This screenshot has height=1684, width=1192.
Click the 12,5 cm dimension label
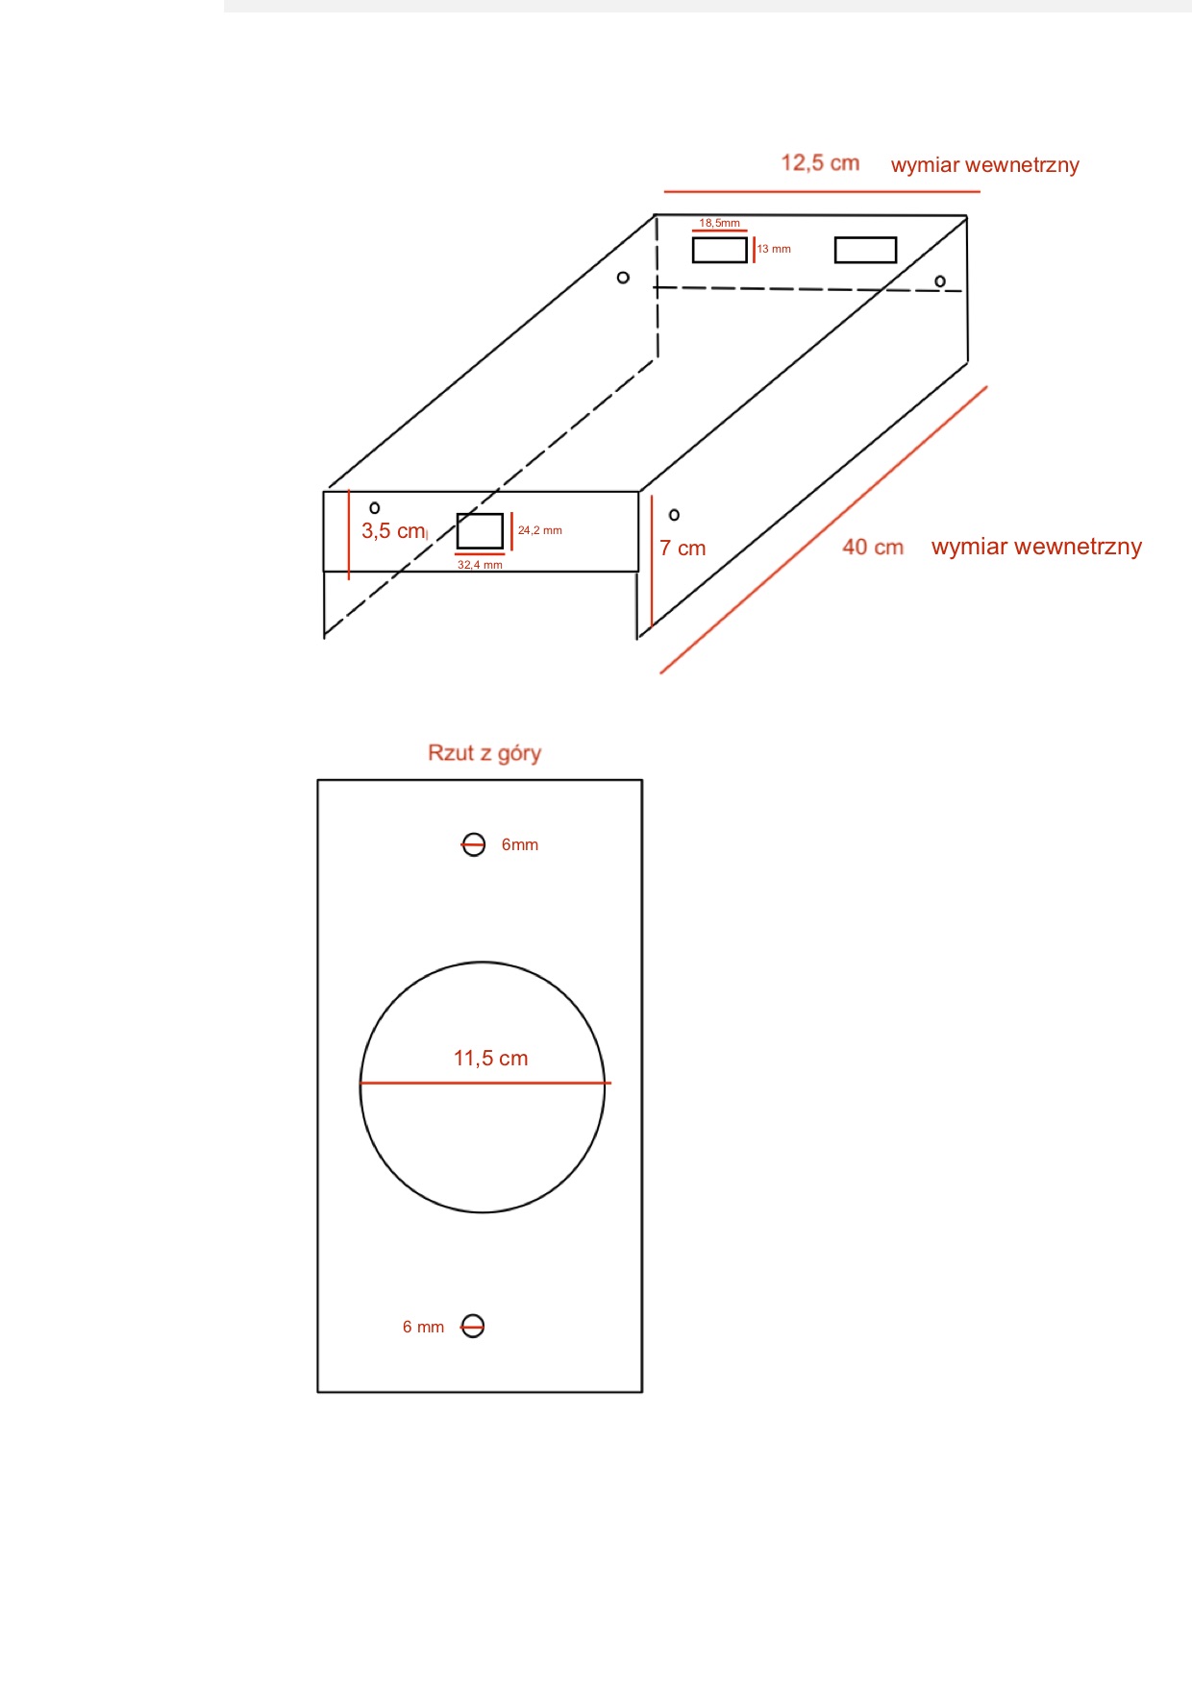pos(820,163)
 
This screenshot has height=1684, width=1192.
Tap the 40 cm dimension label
pos(873,548)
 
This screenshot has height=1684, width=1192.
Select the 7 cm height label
pos(683,549)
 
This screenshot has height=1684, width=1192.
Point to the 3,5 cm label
pos(393,531)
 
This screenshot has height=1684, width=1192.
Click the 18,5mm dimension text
pos(720,223)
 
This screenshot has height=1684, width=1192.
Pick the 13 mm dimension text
pos(774,249)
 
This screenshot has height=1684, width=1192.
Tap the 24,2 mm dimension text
pos(540,530)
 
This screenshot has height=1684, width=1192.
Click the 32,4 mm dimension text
pos(480,565)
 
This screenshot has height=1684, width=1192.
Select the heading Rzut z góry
pos(484,753)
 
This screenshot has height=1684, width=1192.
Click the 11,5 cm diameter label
pos(491,1059)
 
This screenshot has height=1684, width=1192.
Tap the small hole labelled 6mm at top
pos(474,844)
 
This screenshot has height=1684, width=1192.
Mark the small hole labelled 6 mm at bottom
pos(473,1327)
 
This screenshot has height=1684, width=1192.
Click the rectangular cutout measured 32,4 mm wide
pos(480,531)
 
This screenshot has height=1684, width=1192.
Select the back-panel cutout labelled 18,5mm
pos(720,250)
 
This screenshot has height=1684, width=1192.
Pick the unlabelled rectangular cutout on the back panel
pos(865,250)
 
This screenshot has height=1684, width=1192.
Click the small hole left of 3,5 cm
pos(375,508)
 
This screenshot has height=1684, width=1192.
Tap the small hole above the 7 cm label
pos(674,515)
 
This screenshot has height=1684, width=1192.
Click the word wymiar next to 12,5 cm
pos(926,165)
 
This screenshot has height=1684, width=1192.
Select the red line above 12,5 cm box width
pos(822,192)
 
